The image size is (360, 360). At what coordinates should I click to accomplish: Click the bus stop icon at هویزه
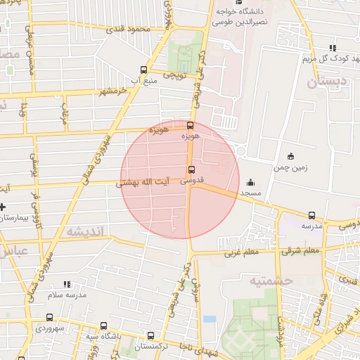click(x=190, y=125)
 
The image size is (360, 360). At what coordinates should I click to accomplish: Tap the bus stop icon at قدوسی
click(x=191, y=169)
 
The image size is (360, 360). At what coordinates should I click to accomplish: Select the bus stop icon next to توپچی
click(x=144, y=70)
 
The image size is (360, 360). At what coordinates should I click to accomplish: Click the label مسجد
click(x=250, y=192)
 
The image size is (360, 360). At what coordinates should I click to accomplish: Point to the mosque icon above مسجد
click(x=250, y=183)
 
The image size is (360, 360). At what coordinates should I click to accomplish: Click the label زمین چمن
click(x=291, y=168)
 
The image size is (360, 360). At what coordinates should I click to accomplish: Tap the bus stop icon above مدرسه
click(x=311, y=216)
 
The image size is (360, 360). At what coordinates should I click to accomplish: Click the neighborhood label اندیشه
click(x=85, y=231)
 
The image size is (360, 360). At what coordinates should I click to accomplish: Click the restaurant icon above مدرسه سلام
click(x=67, y=284)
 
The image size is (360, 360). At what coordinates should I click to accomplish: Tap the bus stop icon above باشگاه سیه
click(x=104, y=326)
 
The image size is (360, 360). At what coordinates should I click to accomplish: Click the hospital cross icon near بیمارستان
click(x=2, y=207)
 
